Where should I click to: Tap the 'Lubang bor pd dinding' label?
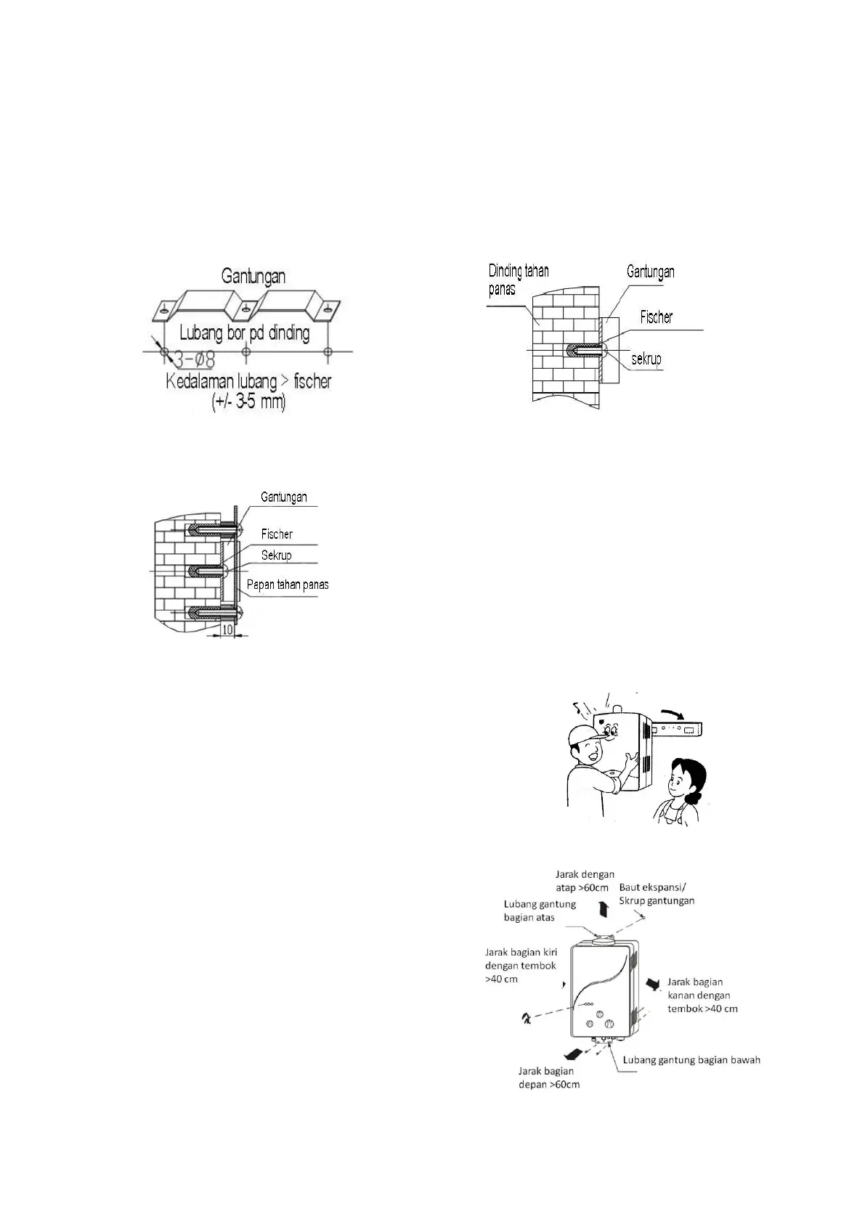[244, 333]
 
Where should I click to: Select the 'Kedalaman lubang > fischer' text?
[248, 381]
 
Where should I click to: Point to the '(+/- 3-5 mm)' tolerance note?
[248, 402]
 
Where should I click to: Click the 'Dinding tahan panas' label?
[519, 280]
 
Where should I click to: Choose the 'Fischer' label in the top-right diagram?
[656, 317]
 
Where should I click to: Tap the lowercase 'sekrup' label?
[646, 359]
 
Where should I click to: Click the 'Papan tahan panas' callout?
[288, 584]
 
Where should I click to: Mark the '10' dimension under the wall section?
[227, 630]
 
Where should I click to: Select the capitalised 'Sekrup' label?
[276, 555]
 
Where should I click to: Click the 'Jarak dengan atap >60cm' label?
[585, 881]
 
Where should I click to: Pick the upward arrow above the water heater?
[602, 909]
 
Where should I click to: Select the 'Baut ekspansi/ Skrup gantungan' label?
[657, 894]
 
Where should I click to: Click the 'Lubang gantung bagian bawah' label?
[691, 1060]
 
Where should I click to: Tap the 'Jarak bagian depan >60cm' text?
[549, 1078]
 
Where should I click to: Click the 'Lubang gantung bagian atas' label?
[540, 911]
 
